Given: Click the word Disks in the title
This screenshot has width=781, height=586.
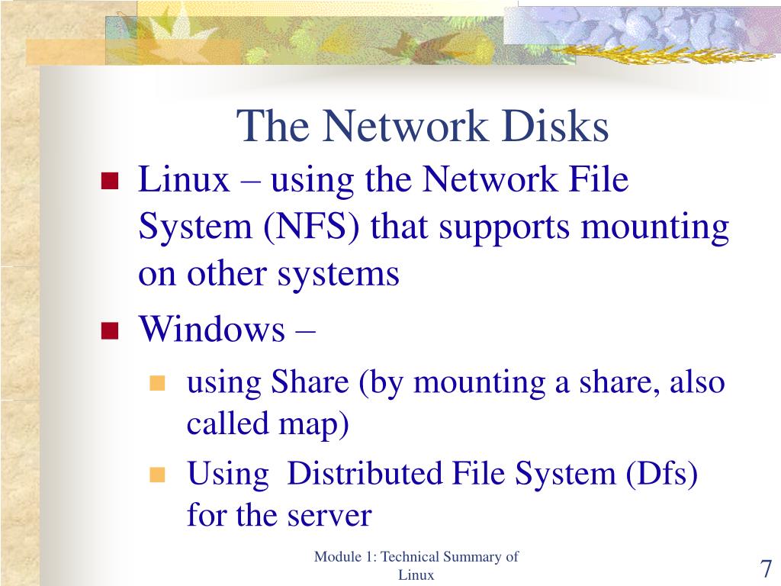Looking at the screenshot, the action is [560, 127].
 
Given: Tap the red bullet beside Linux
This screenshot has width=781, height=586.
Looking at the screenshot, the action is [110, 182].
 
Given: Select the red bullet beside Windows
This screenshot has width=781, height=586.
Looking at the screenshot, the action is [110, 331].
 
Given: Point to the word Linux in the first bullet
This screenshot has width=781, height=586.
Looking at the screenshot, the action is [184, 182].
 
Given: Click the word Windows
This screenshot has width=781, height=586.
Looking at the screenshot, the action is [211, 330].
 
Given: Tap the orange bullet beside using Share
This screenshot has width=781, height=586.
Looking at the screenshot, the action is [158, 383].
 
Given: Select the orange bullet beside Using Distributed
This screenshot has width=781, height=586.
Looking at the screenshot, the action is [158, 475].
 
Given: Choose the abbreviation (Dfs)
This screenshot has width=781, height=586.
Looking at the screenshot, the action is [661, 475].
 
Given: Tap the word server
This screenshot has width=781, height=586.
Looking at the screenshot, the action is [329, 516].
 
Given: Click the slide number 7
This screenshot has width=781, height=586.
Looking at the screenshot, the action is [766, 569].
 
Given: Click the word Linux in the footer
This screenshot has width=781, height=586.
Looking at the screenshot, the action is [416, 575].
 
